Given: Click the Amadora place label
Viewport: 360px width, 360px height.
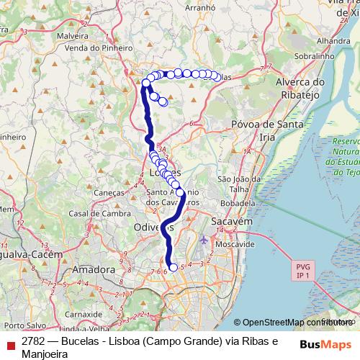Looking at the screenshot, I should pos(94,270).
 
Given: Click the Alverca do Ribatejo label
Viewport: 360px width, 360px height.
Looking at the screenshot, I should pos(301,89).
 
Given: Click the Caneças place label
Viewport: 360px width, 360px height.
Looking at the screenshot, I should pos(109,192).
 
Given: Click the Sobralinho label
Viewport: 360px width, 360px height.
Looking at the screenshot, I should pos(315,55).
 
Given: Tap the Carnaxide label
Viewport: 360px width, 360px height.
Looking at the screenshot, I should pos(84,314).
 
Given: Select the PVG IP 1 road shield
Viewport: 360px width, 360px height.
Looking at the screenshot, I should pos(302,271).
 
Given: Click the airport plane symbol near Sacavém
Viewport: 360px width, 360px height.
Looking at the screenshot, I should pos(204,239).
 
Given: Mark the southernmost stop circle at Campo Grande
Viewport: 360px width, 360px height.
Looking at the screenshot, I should pos(173,267).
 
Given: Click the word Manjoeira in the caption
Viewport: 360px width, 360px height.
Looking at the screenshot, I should pos(45,354).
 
